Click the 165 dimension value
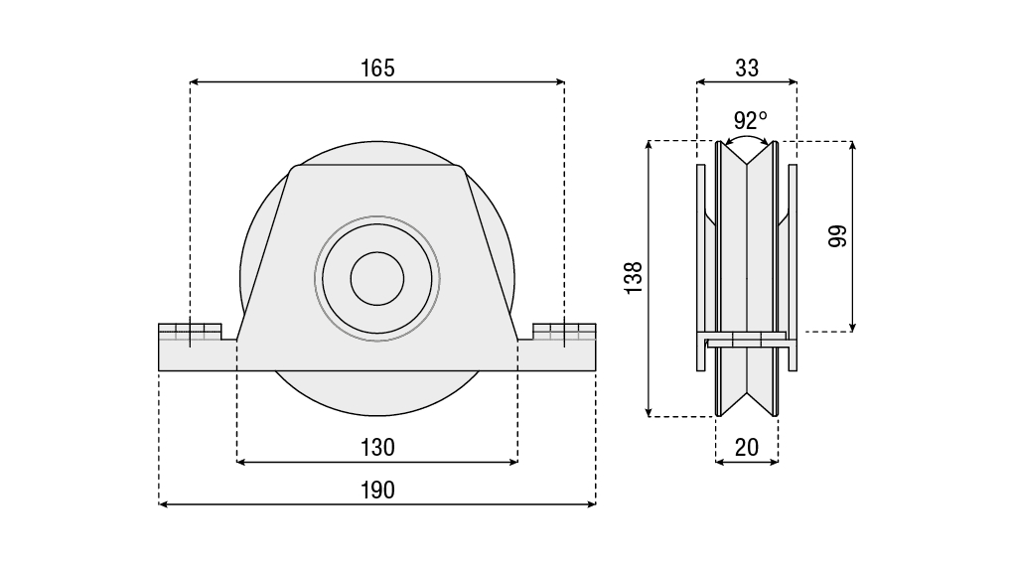click(377, 68)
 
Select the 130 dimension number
click(377, 447)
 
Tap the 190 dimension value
click(377, 490)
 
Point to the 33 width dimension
click(747, 68)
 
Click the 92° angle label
click(750, 120)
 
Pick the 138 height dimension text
click(634, 277)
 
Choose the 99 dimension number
click(837, 236)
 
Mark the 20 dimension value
click(747, 447)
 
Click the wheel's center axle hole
click(376, 277)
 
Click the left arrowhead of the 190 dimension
click(164, 504)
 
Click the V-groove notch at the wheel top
click(747, 159)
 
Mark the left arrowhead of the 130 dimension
click(241, 462)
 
